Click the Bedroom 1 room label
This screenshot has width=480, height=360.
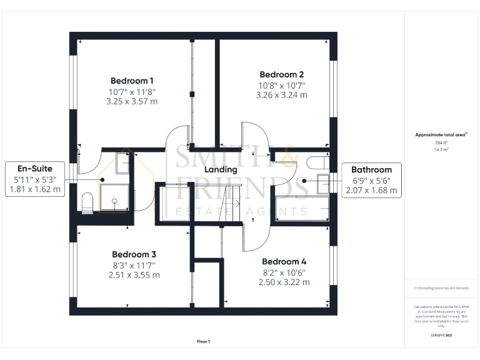pyautogui.click(x=132, y=81)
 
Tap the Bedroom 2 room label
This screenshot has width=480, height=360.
pyautogui.click(x=281, y=74)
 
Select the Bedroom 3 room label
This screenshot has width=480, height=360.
pyautogui.click(x=134, y=254)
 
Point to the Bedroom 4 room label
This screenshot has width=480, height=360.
pyautogui.click(x=284, y=261)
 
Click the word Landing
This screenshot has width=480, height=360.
pyautogui.click(x=221, y=169)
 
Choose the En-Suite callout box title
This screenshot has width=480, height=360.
pyautogui.click(x=35, y=168)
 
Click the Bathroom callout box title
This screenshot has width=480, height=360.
pyautogui.click(x=371, y=169)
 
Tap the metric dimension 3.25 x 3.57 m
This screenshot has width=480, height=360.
pyautogui.click(x=132, y=101)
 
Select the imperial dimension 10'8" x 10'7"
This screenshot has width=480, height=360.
pyautogui.click(x=281, y=85)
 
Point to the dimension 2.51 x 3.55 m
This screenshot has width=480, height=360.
pyautogui.click(x=134, y=275)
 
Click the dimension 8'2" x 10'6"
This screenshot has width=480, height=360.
pyautogui.click(x=284, y=272)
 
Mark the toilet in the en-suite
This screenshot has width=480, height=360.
pyautogui.click(x=87, y=202)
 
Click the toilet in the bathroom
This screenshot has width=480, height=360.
pyautogui.click(x=318, y=162)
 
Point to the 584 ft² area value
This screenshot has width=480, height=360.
pyautogui.click(x=441, y=143)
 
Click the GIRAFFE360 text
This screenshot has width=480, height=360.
pyautogui.click(x=441, y=336)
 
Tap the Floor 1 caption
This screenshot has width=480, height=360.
pyautogui.click(x=203, y=341)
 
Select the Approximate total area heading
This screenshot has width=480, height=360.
pyautogui.click(x=441, y=134)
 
